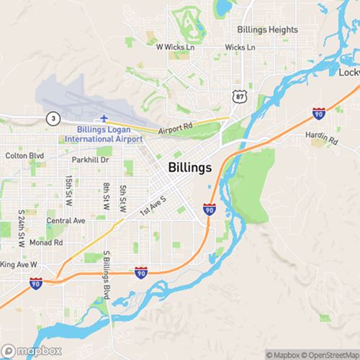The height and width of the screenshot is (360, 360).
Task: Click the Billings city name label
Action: [x=190, y=168]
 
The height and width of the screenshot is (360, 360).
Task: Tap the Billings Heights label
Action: [x=268, y=30]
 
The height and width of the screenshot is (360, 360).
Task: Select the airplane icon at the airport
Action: [x=105, y=117]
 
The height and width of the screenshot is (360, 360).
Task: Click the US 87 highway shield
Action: [x=238, y=95]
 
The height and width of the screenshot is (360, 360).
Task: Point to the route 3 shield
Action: [x=53, y=117]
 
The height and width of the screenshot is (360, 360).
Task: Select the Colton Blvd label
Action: [x=24, y=155]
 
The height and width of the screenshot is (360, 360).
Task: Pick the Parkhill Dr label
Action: [x=90, y=160]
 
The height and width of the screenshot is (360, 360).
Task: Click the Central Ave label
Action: [x=66, y=220]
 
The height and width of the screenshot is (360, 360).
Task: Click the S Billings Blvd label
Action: [x=107, y=274]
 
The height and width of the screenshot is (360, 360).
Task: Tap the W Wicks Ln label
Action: [x=176, y=47]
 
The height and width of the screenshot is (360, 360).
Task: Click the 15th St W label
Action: [x=69, y=189]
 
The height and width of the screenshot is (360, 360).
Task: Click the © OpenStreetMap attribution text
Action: [x=332, y=354]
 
